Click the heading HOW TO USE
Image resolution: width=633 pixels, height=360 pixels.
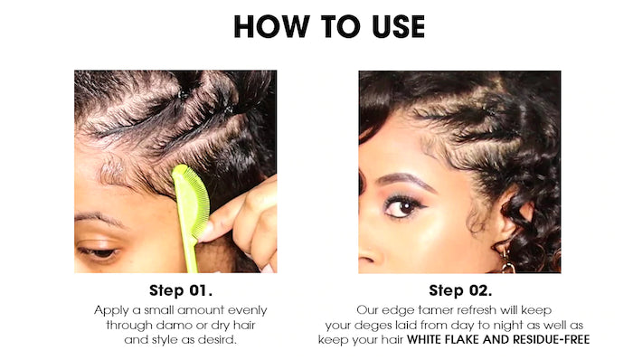tap(329, 26)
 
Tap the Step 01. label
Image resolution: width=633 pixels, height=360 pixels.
tap(181, 290)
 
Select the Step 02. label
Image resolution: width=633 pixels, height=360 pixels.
tap(460, 290)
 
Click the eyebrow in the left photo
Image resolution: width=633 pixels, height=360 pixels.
tap(99, 219)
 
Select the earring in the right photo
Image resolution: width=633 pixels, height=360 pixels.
tap(507, 263)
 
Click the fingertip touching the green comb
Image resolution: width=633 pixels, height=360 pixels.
tap(208, 232)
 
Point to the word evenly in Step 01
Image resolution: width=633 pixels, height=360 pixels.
tap(248, 311)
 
